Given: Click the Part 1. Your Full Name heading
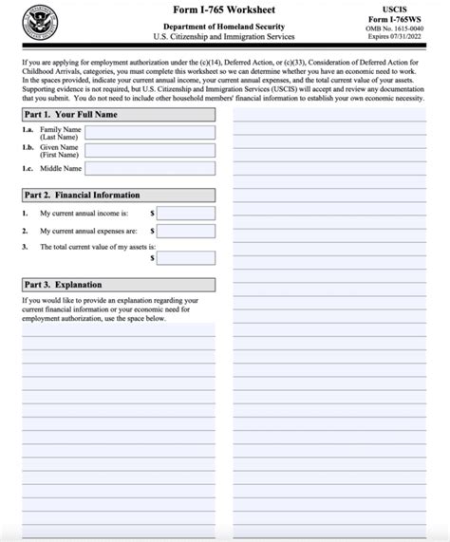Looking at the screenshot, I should coord(73,114).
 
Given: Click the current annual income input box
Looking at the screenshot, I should coord(186,214).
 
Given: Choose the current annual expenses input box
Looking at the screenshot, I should coord(186,230).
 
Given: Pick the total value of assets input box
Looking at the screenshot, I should coord(186,257).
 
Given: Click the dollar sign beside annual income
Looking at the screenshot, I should coord(151,214).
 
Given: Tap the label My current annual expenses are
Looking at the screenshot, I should coord(88,230).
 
